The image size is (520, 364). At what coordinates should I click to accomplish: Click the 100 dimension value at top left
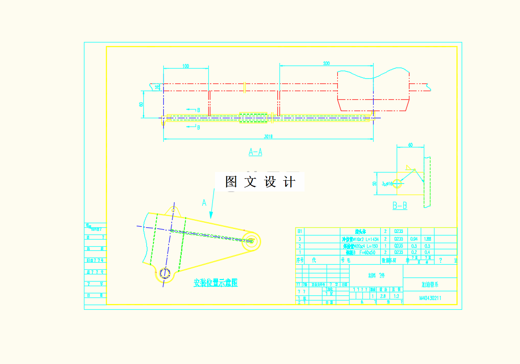click(x=185, y=66)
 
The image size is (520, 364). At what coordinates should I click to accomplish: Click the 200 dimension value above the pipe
click(x=327, y=63)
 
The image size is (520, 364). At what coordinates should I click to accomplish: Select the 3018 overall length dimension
click(x=268, y=137)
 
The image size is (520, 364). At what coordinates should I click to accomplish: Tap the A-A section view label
click(x=255, y=152)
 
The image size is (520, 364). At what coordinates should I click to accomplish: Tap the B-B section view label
click(x=400, y=206)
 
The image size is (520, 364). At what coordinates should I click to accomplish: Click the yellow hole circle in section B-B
click(x=401, y=183)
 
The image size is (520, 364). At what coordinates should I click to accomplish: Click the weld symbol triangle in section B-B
click(x=408, y=167)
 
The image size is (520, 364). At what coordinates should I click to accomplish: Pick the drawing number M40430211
click(x=430, y=297)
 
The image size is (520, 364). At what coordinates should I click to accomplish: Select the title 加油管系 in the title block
click(x=430, y=284)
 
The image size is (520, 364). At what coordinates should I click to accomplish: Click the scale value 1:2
click(x=396, y=296)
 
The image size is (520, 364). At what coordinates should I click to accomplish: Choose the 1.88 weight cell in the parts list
click(x=428, y=239)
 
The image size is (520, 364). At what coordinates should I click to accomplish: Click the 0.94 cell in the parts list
click(x=414, y=239)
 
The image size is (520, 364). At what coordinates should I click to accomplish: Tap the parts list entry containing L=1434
click(x=359, y=239)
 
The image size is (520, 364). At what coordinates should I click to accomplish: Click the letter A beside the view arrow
click(x=204, y=203)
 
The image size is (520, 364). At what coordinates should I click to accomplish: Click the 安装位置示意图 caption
click(x=215, y=283)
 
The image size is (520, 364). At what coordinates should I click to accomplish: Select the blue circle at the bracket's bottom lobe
click(x=164, y=273)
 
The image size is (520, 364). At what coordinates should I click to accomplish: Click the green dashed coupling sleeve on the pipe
click(x=254, y=118)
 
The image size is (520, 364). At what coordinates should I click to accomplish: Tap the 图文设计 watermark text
click(x=260, y=182)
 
